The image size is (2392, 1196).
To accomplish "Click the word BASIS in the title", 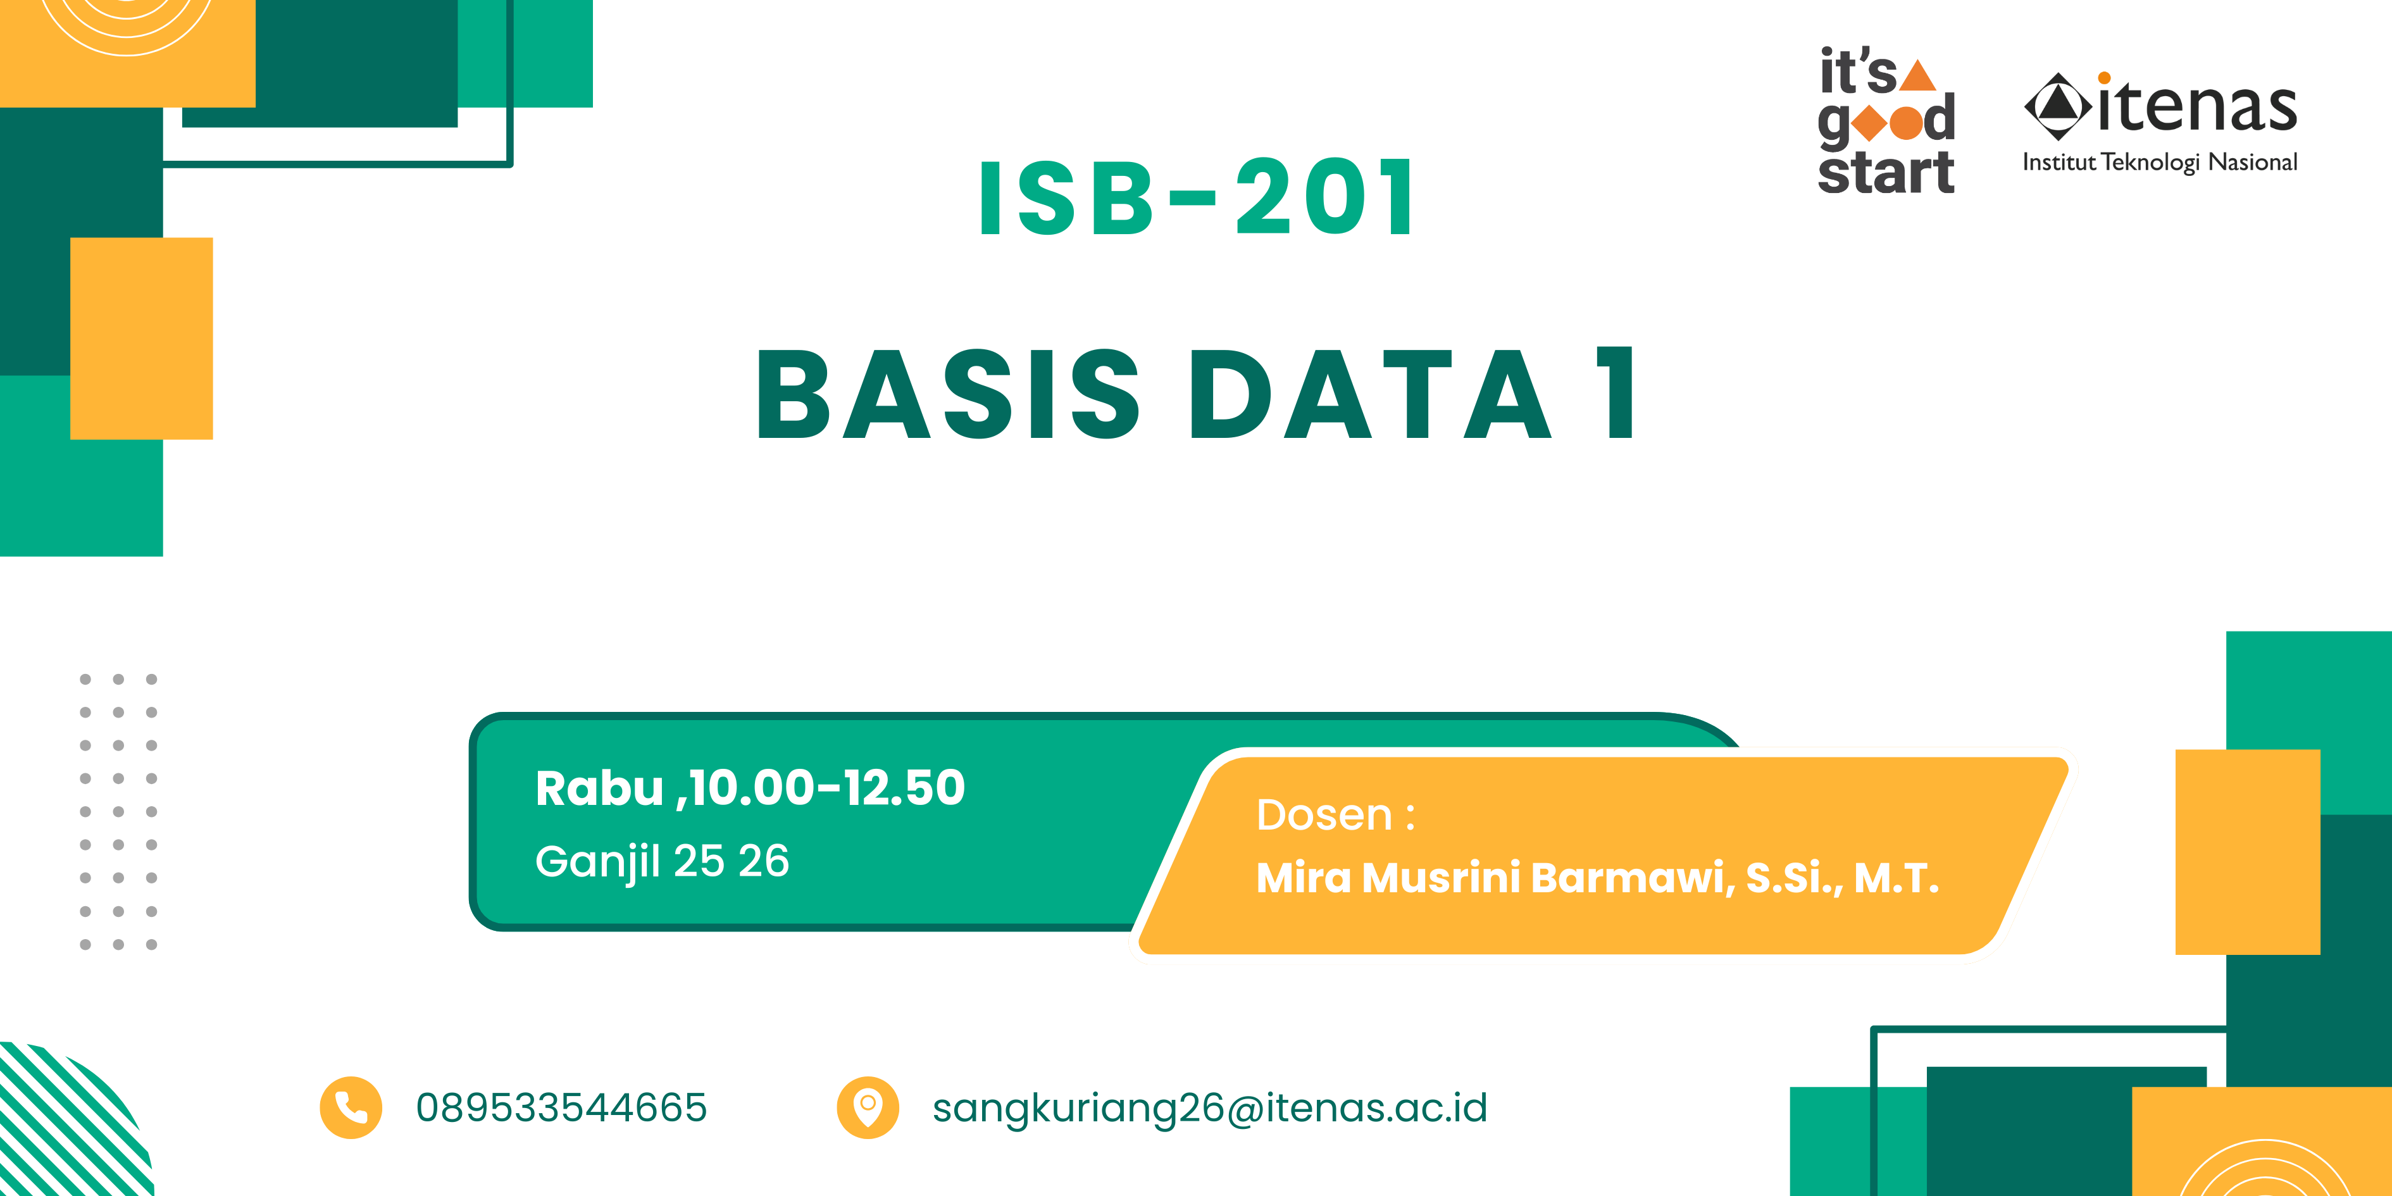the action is coord(948,394).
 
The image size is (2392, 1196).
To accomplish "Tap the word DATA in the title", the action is coord(1369,394).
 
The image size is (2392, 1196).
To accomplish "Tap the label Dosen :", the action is coord(1335,815).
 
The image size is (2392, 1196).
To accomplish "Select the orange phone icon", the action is coord(351,1107).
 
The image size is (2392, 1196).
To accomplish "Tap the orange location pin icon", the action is coord(868,1107).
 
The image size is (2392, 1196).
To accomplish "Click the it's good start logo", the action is coord(1886,121).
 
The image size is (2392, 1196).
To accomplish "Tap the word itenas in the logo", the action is coord(2197,107).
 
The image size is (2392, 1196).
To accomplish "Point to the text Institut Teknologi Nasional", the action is coord(2160,163).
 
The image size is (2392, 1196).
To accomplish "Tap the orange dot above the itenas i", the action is coord(2104,78).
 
